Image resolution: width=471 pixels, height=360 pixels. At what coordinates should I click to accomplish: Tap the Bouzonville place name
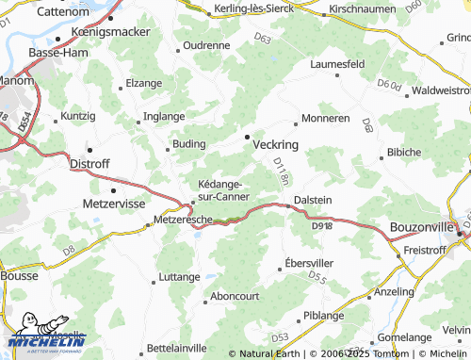(x=420, y=226)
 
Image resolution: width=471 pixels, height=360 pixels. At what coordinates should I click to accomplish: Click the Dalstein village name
(x=313, y=200)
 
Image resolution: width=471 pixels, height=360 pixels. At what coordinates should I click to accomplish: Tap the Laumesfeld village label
(x=337, y=64)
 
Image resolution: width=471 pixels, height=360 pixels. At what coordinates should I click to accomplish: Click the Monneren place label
(x=326, y=120)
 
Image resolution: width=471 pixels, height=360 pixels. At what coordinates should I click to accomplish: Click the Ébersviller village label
(x=309, y=263)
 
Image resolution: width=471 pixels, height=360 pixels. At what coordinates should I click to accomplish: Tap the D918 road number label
(x=321, y=225)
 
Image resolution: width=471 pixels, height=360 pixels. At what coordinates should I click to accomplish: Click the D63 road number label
(x=263, y=40)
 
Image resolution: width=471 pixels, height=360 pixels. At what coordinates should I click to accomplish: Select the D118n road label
(x=280, y=172)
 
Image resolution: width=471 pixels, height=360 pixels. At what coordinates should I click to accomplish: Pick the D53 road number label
(x=280, y=336)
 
